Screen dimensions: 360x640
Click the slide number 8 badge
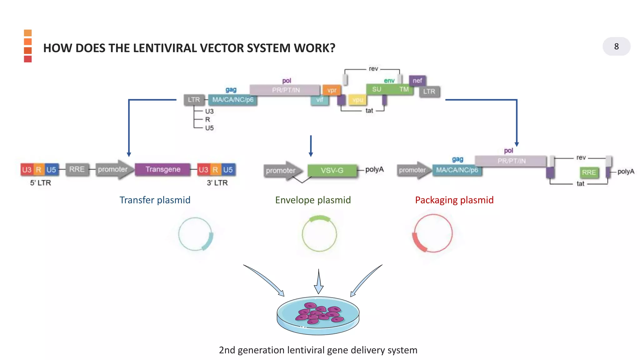(616, 47)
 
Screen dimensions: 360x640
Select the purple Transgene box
(162, 169)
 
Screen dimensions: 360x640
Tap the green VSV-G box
(332, 171)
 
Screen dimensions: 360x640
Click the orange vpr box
(332, 90)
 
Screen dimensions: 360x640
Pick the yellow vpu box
(357, 100)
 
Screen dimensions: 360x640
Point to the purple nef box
(417, 81)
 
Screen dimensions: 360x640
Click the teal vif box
(319, 100)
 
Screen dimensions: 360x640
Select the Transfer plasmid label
(155, 200)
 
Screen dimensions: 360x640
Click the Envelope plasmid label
(313, 200)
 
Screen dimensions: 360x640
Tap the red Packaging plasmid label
(454, 200)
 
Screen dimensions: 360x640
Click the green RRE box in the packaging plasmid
(589, 172)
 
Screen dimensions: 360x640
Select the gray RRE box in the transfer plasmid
(77, 169)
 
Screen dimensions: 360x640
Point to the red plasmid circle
(433, 233)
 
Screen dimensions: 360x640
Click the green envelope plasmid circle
(319, 234)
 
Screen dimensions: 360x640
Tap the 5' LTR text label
(40, 183)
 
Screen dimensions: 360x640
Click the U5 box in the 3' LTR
(228, 170)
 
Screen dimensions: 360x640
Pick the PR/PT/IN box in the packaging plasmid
(511, 161)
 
